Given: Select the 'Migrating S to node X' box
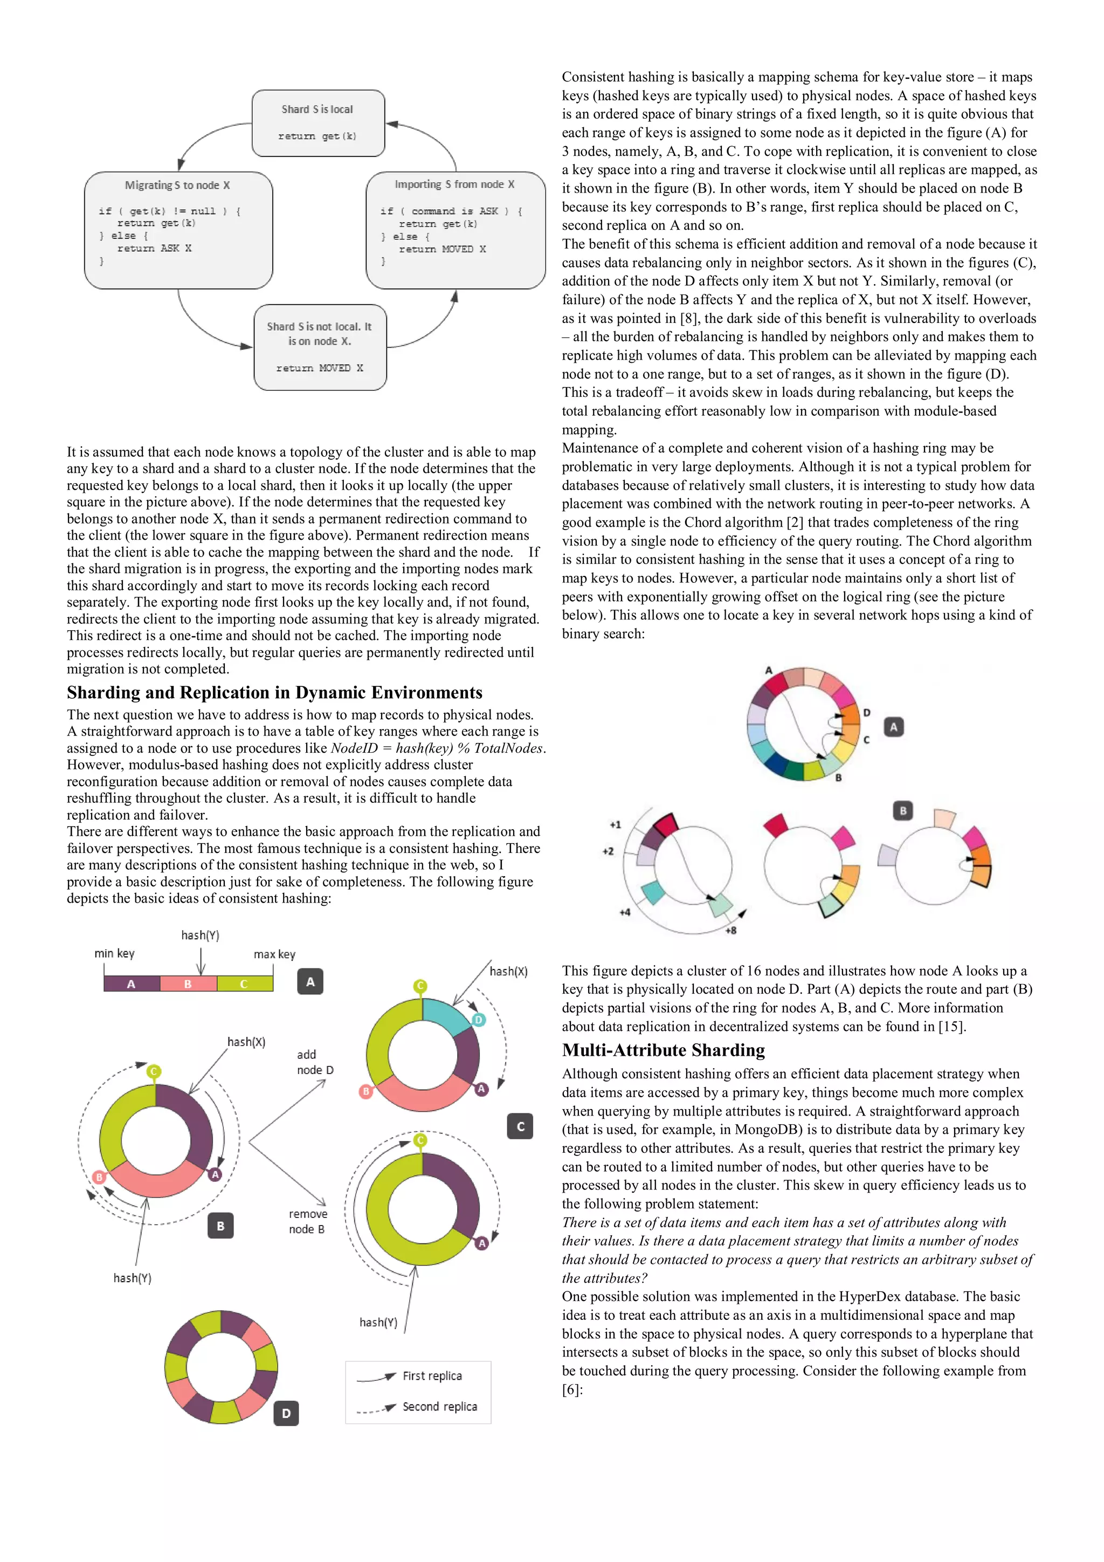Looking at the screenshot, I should (x=178, y=230).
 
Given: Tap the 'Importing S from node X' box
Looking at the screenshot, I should (x=455, y=230).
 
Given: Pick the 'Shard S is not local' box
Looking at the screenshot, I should (x=320, y=347).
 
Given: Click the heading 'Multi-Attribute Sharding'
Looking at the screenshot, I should (x=663, y=1050).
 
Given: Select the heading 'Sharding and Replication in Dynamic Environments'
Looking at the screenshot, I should (x=274, y=692).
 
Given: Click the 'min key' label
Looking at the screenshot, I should (x=114, y=953).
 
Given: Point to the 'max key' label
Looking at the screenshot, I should (x=274, y=954).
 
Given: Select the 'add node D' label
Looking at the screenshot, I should (x=315, y=1062).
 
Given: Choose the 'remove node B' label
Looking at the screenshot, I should (x=307, y=1221).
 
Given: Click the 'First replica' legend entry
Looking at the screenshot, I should (x=432, y=1375).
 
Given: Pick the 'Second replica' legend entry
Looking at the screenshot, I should (x=439, y=1406).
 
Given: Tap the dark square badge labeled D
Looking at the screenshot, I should (x=286, y=1413).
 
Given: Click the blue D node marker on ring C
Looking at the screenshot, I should (x=478, y=1019).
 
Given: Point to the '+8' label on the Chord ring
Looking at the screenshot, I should (x=730, y=930).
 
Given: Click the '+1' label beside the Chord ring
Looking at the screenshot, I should (x=615, y=824).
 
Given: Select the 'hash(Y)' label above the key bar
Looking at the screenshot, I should (x=200, y=935).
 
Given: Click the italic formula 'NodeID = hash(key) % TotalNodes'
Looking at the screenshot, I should (x=437, y=748).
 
